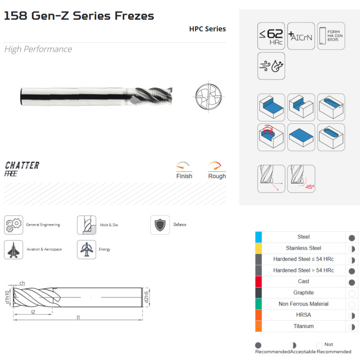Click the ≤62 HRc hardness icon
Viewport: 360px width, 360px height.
point(271,36)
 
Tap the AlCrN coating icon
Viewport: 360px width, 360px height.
point(301,36)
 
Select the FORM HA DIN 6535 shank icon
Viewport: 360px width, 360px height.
point(331,36)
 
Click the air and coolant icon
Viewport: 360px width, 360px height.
point(271,66)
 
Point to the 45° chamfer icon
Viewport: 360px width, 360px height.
point(301,179)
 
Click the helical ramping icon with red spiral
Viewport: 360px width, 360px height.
point(271,137)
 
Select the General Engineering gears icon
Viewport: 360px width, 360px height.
point(13,225)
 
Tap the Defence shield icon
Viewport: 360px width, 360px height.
point(160,225)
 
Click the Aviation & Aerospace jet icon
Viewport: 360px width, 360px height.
point(13,250)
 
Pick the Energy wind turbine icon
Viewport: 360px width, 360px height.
point(86,250)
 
